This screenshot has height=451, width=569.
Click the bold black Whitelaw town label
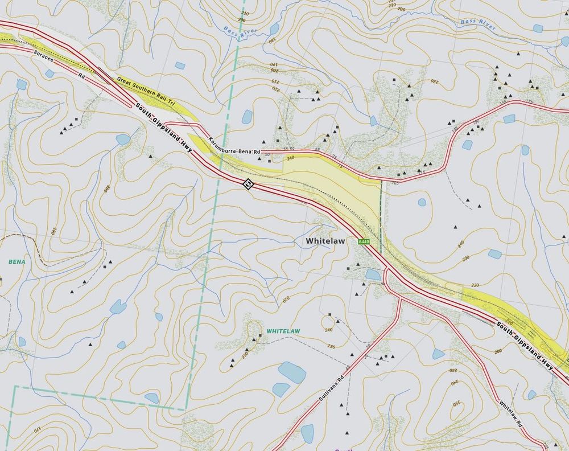pyautogui.click(x=325, y=241)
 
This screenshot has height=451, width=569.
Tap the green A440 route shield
pyautogui.click(x=364, y=243)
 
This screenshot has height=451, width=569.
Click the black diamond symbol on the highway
pyautogui.click(x=248, y=183)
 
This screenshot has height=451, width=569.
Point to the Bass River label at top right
pyautogui.click(x=475, y=22)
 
